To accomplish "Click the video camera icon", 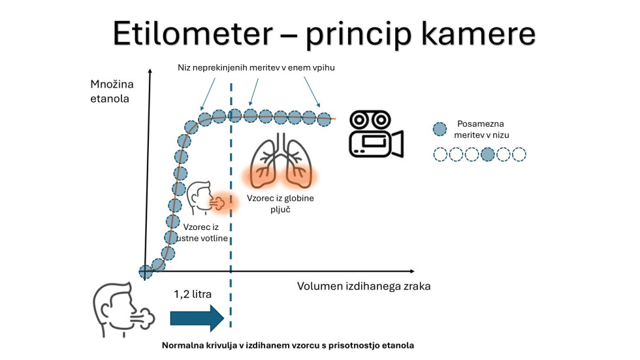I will (376, 134).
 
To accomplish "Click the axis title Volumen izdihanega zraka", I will (364, 286).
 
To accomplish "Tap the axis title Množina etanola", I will (110, 91).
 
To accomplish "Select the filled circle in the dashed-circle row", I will (487, 155).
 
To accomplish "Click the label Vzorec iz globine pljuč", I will (282, 202).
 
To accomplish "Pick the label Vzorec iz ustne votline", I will (205, 233).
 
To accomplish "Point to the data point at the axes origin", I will (146, 270).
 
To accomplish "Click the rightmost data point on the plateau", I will (324, 119).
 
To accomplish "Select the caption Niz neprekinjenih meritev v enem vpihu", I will (257, 67).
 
